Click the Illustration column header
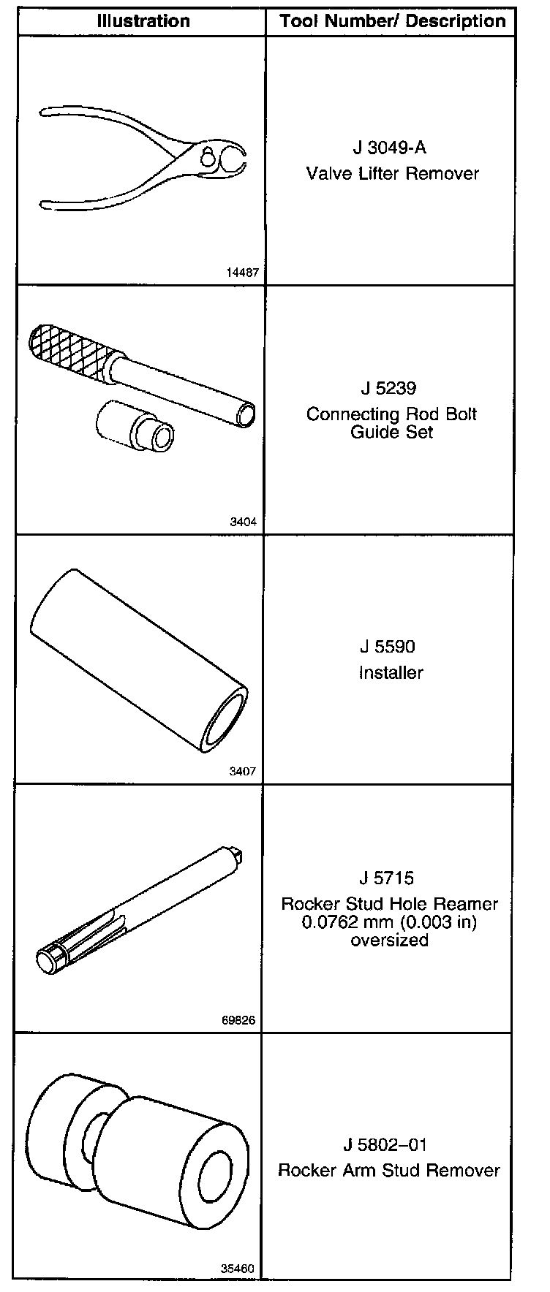[143, 21]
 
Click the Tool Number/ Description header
[393, 21]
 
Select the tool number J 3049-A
[389, 148]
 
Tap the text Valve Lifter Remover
[393, 174]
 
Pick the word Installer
[391, 672]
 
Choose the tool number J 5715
[389, 878]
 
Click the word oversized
[389, 940]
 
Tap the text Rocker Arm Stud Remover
[389, 1170]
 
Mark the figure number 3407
[242, 772]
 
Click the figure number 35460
[238, 1269]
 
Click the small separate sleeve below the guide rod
[135, 430]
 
